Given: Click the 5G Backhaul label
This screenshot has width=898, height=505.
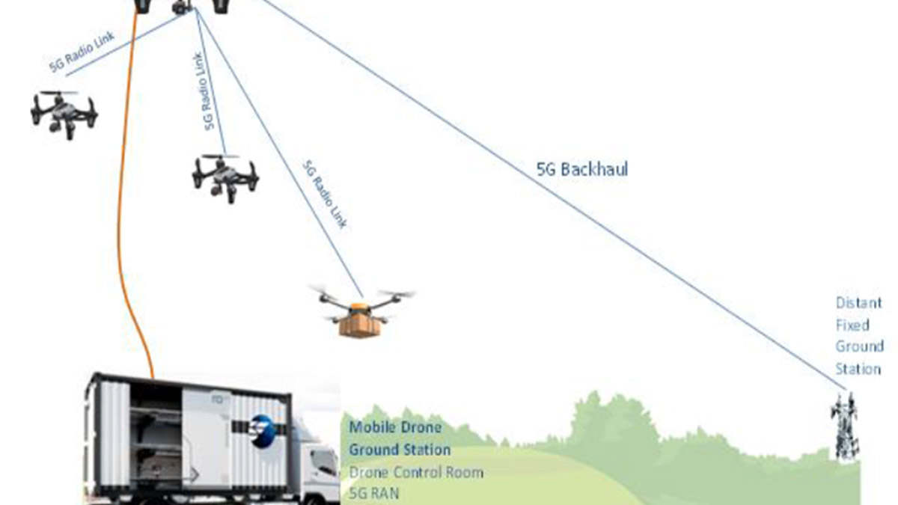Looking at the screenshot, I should [x=582, y=170].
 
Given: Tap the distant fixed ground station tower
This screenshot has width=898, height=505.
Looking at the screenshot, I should [x=845, y=426].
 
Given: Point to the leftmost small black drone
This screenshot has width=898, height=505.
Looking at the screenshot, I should [x=64, y=113].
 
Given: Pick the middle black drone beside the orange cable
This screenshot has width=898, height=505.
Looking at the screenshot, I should [x=225, y=177].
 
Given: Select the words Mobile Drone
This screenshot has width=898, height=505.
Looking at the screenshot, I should [x=395, y=428].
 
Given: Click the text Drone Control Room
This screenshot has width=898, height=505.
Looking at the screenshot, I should [x=416, y=472].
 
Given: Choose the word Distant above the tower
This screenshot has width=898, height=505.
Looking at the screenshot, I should [x=859, y=303].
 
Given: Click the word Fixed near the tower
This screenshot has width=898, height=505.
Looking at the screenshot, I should [x=852, y=325].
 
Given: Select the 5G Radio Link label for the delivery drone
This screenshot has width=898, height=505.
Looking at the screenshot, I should [x=326, y=194].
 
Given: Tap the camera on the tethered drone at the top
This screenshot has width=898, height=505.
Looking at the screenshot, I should [x=181, y=8].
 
